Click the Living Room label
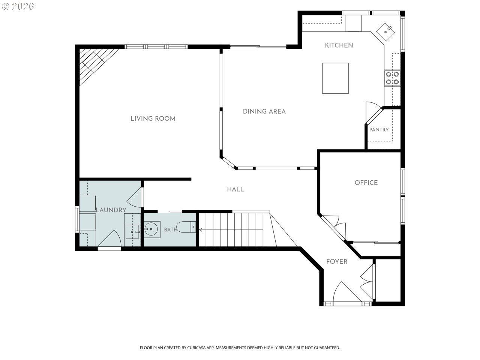coord(153,119)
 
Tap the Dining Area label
coord(264,111)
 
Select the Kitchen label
coord(339,45)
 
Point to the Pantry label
coord(379,130)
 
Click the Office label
coord(366,183)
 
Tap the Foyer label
coord(336,261)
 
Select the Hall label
coord(235,189)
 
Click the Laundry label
coord(111,210)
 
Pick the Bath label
coord(171,230)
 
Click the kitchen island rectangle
coord(335,78)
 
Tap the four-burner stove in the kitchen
coord(392,78)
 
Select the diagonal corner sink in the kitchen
coord(385,32)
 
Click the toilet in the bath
coord(186,227)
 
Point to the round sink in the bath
coord(151,229)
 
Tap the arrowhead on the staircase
coord(201,230)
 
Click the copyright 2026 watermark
coord(18,6)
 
